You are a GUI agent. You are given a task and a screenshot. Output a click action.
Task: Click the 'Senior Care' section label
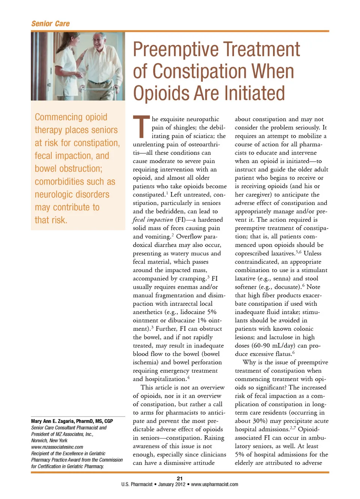pyautogui.click(x=51, y=24)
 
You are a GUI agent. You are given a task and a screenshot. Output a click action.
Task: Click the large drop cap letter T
pyautogui.click(x=141, y=127)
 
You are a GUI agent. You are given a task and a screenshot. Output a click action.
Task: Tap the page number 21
pyautogui.click(x=180, y=478)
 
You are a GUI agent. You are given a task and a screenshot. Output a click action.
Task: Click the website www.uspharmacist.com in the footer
pyautogui.click(x=214, y=484)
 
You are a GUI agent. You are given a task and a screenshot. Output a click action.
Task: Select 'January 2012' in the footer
pyautogui.click(x=172, y=484)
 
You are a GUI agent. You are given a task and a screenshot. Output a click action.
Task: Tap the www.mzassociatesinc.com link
pyautogui.click(x=57, y=447)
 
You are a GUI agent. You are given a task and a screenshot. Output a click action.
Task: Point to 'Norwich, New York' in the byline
pyautogui.click(x=49, y=441)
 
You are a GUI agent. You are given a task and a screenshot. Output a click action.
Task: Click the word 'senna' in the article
pyautogui.click(x=280, y=279)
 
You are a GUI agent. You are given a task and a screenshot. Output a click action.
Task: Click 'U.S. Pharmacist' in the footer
pyautogui.click(x=136, y=484)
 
